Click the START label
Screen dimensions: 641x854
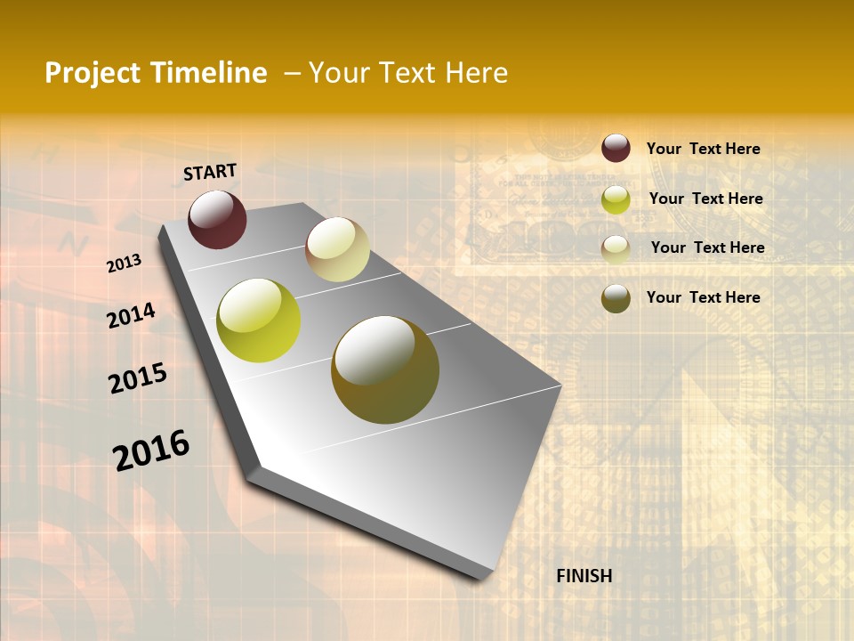(x=210, y=172)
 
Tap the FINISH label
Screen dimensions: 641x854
(x=584, y=576)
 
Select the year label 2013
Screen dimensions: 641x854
(x=124, y=264)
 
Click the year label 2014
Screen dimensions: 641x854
(x=131, y=315)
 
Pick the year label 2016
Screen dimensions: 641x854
(x=151, y=450)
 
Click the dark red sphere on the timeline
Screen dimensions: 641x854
(x=217, y=219)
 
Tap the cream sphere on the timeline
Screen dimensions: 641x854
(x=337, y=249)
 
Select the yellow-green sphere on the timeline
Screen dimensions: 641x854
(x=259, y=320)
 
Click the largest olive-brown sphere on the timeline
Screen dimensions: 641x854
(x=384, y=369)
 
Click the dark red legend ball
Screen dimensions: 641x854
(x=616, y=149)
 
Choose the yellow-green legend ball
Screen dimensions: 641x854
(x=616, y=199)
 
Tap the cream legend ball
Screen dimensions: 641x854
(x=616, y=248)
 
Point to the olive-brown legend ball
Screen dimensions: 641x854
(x=616, y=298)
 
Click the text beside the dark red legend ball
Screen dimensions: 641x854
(x=703, y=149)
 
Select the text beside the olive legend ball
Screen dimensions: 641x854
(x=703, y=297)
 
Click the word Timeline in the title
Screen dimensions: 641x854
(x=209, y=73)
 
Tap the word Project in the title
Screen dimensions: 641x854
(x=93, y=73)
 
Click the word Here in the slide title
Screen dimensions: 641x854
(x=476, y=73)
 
